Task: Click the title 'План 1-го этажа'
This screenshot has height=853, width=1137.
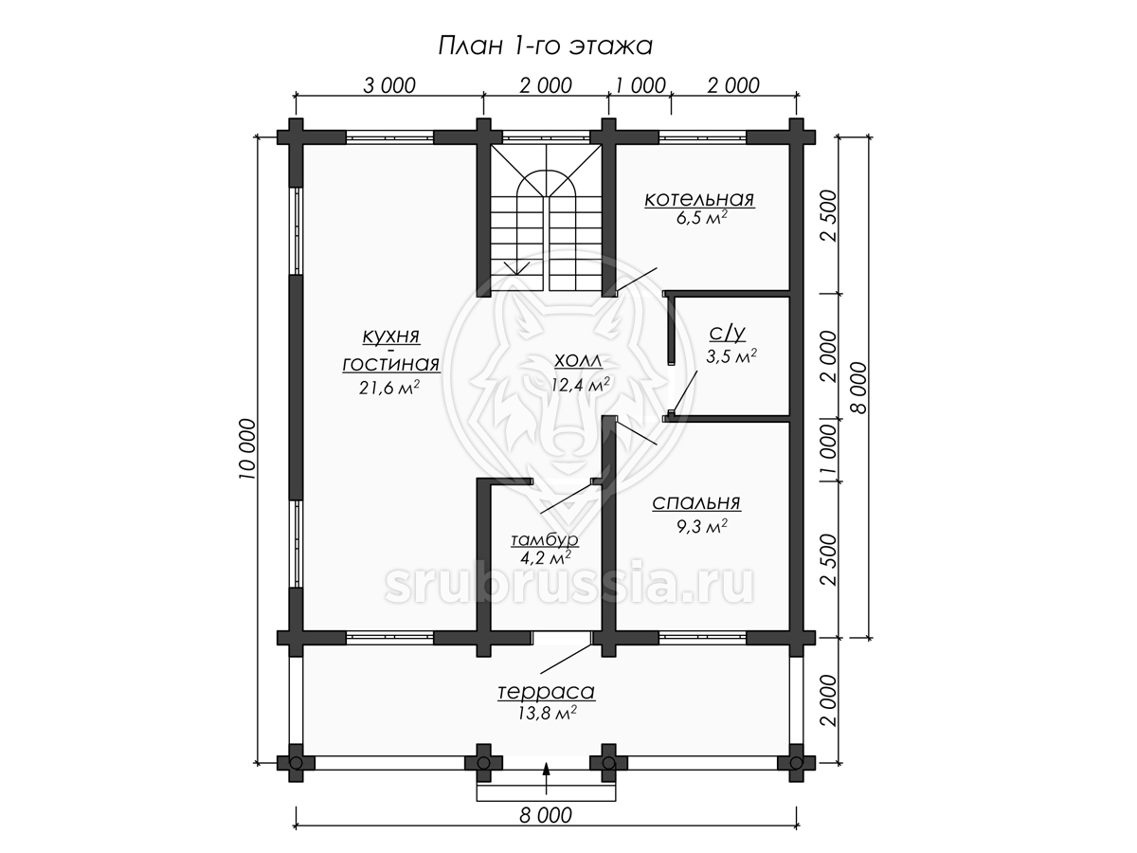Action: click(x=545, y=46)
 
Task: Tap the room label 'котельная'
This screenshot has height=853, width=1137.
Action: click(x=699, y=199)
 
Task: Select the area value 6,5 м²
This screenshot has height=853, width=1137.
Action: click(x=701, y=218)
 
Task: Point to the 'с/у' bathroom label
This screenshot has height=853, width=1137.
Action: click(x=728, y=334)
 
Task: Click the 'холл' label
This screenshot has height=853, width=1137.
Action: click(x=578, y=360)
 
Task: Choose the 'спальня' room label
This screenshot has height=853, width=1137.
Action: click(x=696, y=502)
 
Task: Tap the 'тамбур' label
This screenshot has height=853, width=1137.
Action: click(x=545, y=539)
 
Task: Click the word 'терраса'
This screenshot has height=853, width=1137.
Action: click(x=547, y=692)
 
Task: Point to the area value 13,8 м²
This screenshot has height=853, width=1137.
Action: click(x=547, y=714)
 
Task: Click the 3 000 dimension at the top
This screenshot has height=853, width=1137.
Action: click(x=389, y=86)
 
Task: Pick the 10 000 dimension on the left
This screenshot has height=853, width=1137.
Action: click(x=247, y=448)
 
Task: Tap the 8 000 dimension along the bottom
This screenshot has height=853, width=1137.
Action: click(x=546, y=815)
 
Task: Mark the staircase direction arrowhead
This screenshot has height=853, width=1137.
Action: click(x=517, y=269)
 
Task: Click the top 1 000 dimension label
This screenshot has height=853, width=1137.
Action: click(x=640, y=86)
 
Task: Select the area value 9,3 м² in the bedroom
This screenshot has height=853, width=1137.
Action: click(x=701, y=526)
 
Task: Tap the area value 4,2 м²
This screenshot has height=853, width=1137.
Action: click(x=545, y=557)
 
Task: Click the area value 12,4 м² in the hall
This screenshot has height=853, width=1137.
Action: click(x=580, y=384)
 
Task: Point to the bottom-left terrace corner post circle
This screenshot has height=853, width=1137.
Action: click(x=296, y=763)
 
